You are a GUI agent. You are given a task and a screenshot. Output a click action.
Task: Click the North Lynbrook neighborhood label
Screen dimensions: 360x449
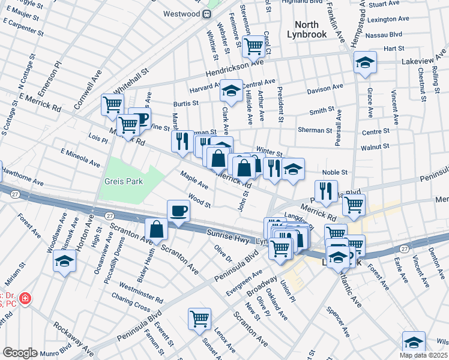(310, 29)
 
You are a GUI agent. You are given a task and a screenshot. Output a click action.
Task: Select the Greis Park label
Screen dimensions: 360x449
(123, 181)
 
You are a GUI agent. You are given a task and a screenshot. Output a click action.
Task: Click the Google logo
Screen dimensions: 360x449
(20, 353)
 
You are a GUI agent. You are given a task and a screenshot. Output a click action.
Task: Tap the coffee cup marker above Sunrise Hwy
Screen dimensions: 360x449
(178, 211)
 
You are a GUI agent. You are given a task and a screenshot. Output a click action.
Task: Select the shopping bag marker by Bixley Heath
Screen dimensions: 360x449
(156, 229)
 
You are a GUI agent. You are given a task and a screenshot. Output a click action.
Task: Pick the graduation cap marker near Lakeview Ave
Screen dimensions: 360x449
(364, 62)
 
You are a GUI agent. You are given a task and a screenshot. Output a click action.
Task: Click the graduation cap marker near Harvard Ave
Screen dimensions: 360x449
(231, 91)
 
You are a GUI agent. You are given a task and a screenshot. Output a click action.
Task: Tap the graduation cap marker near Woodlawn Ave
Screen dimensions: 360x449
(64, 261)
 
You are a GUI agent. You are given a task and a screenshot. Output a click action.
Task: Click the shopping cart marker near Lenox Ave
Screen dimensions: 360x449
(199, 319)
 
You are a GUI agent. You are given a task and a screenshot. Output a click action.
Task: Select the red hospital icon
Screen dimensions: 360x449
(25, 298)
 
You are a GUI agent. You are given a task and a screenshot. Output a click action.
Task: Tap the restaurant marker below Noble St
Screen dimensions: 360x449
(326, 190)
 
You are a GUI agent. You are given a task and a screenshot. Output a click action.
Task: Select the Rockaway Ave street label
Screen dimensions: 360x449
(73, 338)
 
